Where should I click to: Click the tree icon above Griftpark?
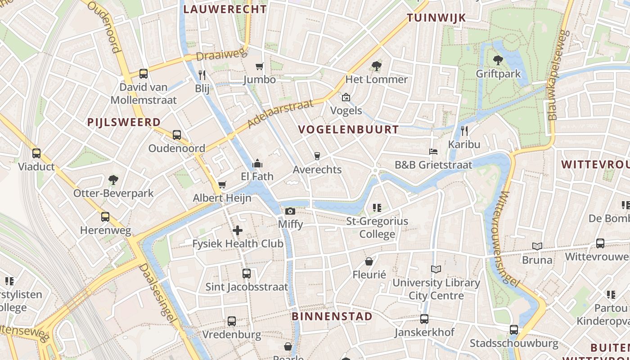pos(498,60)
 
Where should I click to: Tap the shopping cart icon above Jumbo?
pos(259,67)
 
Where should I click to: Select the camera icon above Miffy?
pos(290,211)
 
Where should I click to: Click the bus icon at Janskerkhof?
pos(424,319)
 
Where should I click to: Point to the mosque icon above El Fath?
pos(257,163)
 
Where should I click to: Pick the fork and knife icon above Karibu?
pos(464,131)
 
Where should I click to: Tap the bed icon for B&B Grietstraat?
pos(433,152)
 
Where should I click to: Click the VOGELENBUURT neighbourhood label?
pos(348,130)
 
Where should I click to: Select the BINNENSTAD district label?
pos(332,316)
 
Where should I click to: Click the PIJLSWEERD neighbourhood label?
pos(124,122)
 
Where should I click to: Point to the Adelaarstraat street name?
pos(280,114)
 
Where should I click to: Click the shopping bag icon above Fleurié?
pos(369,261)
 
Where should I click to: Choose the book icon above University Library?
pos(436,269)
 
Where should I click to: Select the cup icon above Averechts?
pos(317,156)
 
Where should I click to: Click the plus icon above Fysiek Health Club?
pos(238,231)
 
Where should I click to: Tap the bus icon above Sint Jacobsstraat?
pos(246,273)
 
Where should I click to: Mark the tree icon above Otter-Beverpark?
pos(113,180)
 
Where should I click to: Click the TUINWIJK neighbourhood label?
pos(436,18)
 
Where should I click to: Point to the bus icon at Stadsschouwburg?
pos(514,329)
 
